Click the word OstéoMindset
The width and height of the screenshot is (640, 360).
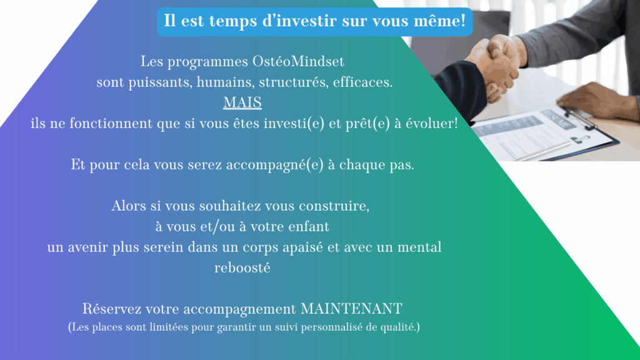click(x=298, y=62)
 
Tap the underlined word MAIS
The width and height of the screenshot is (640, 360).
click(x=242, y=102)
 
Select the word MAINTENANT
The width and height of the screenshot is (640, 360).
click(x=351, y=309)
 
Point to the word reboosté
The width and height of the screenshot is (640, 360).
click(x=242, y=268)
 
